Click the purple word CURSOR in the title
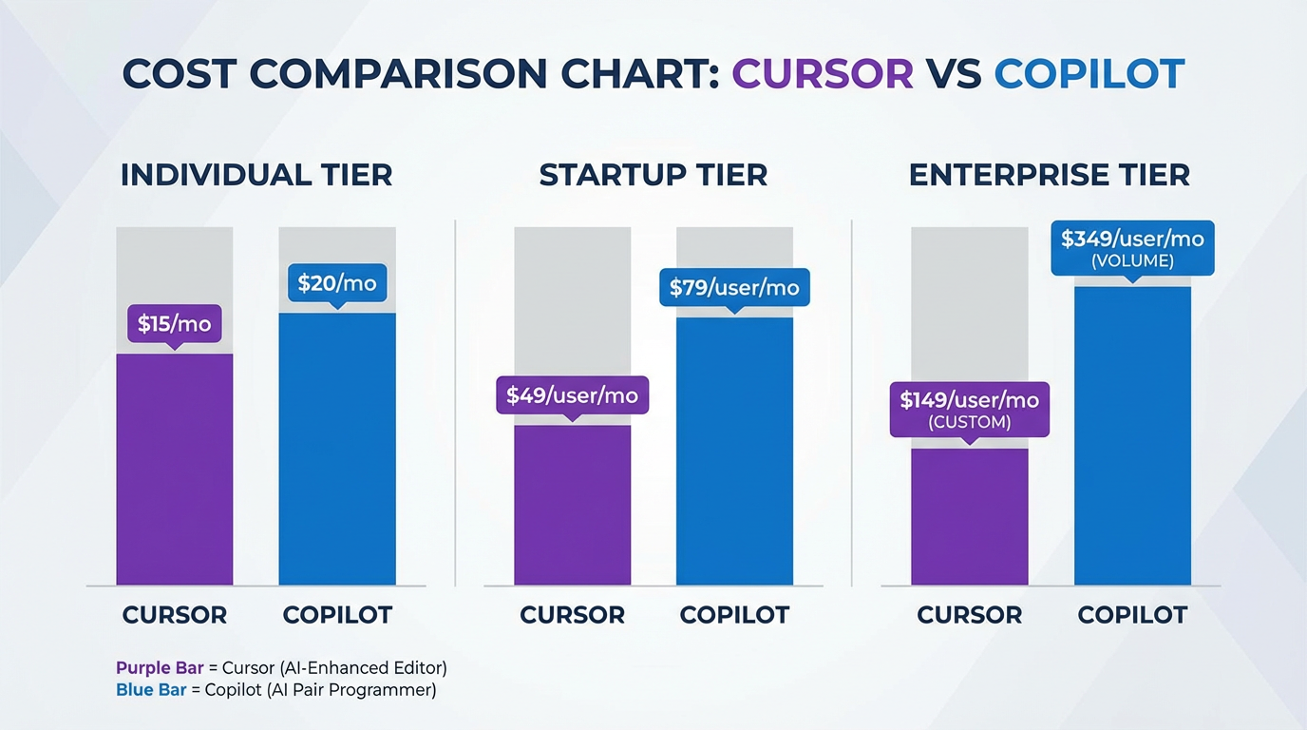coord(822,74)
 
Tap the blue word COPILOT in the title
coord(1089,74)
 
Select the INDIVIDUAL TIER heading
coord(256,176)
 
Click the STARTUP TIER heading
coord(653,176)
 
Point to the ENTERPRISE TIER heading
coord(1050,176)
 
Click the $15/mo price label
coord(174,323)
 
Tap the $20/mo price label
coord(336,282)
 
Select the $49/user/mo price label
coord(572,394)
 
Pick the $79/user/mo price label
coord(734,287)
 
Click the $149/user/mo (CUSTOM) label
coord(969,409)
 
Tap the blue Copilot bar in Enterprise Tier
coord(1132,437)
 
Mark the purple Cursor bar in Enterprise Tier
coord(969,518)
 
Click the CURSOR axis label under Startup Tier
coord(572,615)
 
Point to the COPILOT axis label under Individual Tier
coord(337,615)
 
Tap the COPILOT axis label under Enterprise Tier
coord(1132,615)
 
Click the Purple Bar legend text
coord(160,667)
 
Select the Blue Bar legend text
coord(151,690)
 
